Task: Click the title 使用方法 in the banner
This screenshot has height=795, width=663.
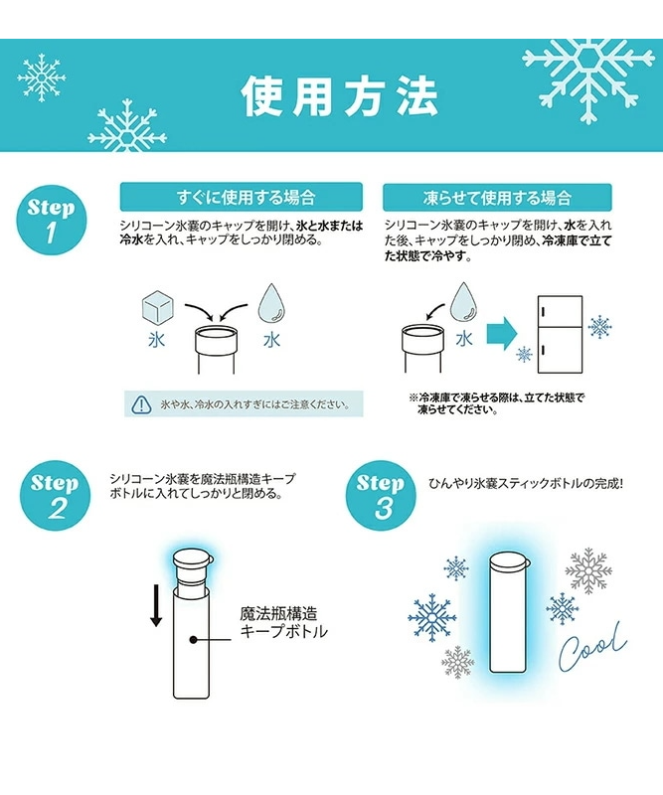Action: pyautogui.click(x=339, y=96)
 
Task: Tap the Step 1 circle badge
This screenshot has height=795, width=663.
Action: pyautogui.click(x=52, y=220)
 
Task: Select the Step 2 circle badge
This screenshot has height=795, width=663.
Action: pyautogui.click(x=55, y=495)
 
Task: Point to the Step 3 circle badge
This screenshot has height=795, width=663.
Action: pyautogui.click(x=381, y=495)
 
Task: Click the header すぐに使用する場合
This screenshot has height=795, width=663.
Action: pyautogui.click(x=242, y=197)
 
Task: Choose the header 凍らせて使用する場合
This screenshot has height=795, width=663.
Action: pyautogui.click(x=497, y=197)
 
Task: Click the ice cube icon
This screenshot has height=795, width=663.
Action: pyautogui.click(x=157, y=307)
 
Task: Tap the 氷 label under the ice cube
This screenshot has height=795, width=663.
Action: pyautogui.click(x=157, y=340)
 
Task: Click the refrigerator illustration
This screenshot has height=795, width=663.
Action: pyautogui.click(x=560, y=335)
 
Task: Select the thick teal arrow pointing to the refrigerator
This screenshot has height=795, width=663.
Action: pyautogui.click(x=502, y=334)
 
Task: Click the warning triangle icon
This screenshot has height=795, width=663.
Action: pyautogui.click(x=141, y=404)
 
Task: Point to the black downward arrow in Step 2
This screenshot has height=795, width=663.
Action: pyautogui.click(x=156, y=605)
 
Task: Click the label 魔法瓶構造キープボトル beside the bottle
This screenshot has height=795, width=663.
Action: pyautogui.click(x=283, y=623)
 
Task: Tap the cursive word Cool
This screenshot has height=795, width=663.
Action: pyautogui.click(x=593, y=648)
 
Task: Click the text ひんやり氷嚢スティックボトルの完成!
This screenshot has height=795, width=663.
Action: pyautogui.click(x=526, y=483)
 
